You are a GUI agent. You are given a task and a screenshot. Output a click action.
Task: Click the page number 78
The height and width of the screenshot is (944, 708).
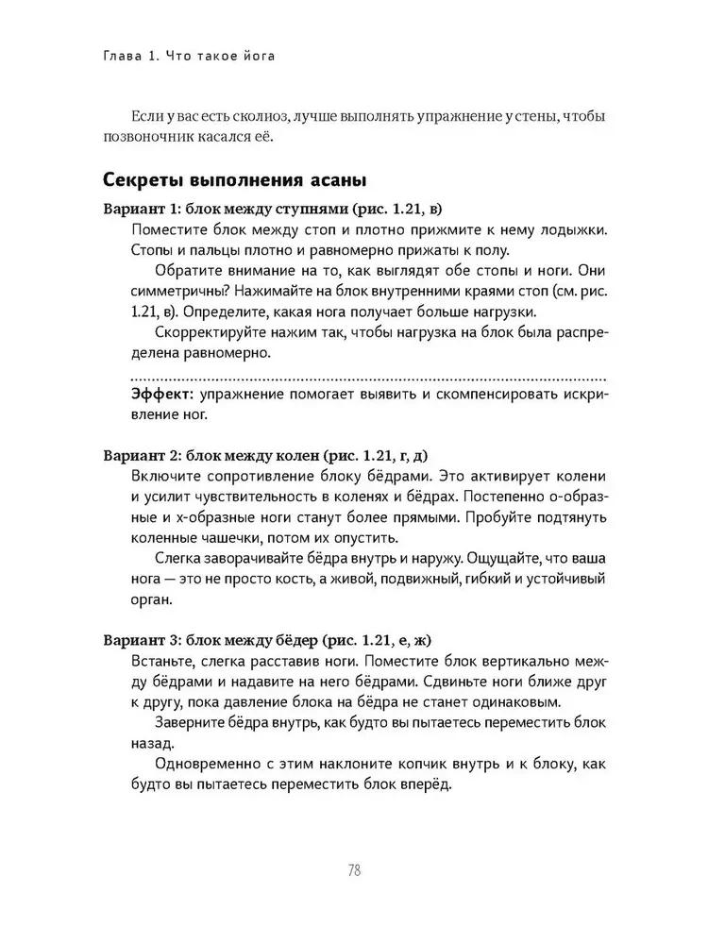pyautogui.click(x=353, y=869)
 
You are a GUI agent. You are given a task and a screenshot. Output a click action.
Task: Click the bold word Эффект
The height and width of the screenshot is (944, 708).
pyautogui.click(x=162, y=393)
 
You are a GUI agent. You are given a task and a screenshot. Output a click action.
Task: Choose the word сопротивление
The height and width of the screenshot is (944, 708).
pyautogui.click(x=256, y=476)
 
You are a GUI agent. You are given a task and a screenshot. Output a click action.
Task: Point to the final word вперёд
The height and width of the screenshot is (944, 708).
pyautogui.click(x=425, y=784)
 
